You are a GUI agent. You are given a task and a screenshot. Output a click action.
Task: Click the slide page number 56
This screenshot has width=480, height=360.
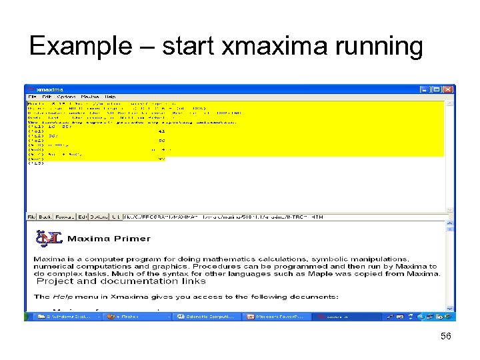[x=446, y=337]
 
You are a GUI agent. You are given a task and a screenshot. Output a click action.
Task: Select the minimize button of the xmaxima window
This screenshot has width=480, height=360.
[x=424, y=89]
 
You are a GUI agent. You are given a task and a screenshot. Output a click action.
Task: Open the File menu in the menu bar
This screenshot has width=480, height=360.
[x=32, y=97]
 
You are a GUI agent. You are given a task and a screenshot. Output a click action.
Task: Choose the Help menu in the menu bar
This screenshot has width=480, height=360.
[x=110, y=97]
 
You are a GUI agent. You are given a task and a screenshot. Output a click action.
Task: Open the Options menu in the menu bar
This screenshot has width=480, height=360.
[x=66, y=97]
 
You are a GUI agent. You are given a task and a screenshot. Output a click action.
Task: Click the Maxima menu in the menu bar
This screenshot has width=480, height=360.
[x=90, y=97]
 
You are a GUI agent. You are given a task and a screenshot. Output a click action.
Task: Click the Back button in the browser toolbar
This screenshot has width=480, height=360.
[x=45, y=217]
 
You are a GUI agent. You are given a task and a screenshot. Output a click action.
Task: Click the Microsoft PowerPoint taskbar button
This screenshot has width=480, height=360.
[x=274, y=317]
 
